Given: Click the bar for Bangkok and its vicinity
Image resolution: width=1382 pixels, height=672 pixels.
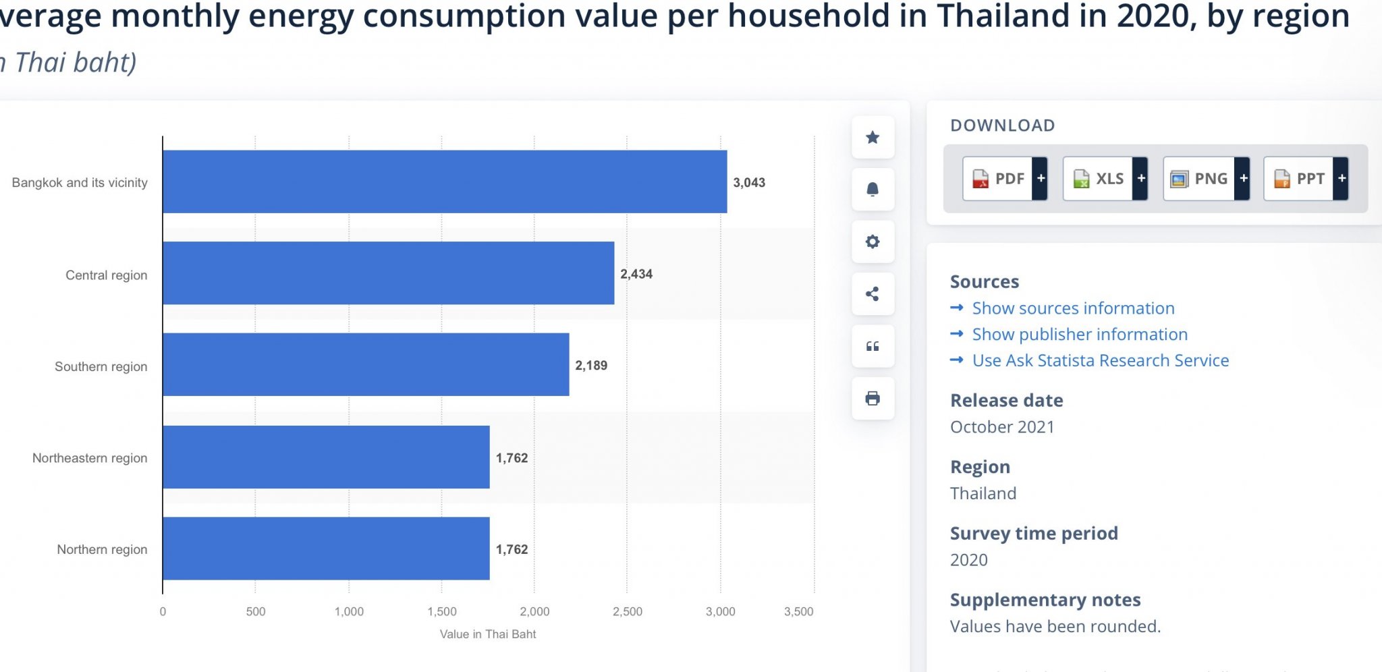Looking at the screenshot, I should (445, 181).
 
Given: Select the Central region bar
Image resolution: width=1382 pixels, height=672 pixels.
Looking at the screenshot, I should (388, 273).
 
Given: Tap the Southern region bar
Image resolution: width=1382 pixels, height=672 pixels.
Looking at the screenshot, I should (366, 364).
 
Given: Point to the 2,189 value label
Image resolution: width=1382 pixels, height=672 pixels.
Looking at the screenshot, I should (591, 366).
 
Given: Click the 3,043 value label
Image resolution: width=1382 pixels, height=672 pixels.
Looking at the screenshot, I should (749, 183).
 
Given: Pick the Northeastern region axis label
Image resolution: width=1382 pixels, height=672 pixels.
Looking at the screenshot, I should (90, 458).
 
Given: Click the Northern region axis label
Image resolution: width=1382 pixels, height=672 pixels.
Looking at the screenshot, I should (102, 550).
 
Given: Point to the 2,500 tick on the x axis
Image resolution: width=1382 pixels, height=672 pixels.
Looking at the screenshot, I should (627, 612).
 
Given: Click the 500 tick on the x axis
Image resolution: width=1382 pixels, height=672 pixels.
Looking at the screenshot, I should (256, 612).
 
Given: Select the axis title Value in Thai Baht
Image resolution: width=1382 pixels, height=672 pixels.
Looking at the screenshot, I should (488, 634).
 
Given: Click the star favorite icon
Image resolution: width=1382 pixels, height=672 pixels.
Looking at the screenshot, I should (873, 138).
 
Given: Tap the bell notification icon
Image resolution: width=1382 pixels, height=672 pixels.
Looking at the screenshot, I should (873, 190).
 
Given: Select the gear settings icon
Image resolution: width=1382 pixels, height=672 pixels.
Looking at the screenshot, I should (873, 242).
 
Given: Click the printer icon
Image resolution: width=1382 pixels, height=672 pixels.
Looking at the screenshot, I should (873, 399).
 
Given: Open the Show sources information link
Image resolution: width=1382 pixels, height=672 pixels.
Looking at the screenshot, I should (1073, 308).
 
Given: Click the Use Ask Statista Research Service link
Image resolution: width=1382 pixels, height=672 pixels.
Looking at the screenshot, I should (1100, 361).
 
